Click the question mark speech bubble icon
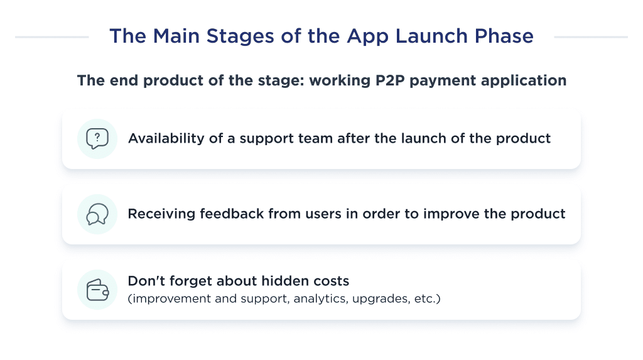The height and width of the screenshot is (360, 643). (97, 138)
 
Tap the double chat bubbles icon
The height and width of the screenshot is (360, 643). (97, 214)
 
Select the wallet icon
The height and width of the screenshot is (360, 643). (97, 290)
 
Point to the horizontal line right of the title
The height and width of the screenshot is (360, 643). (590, 37)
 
